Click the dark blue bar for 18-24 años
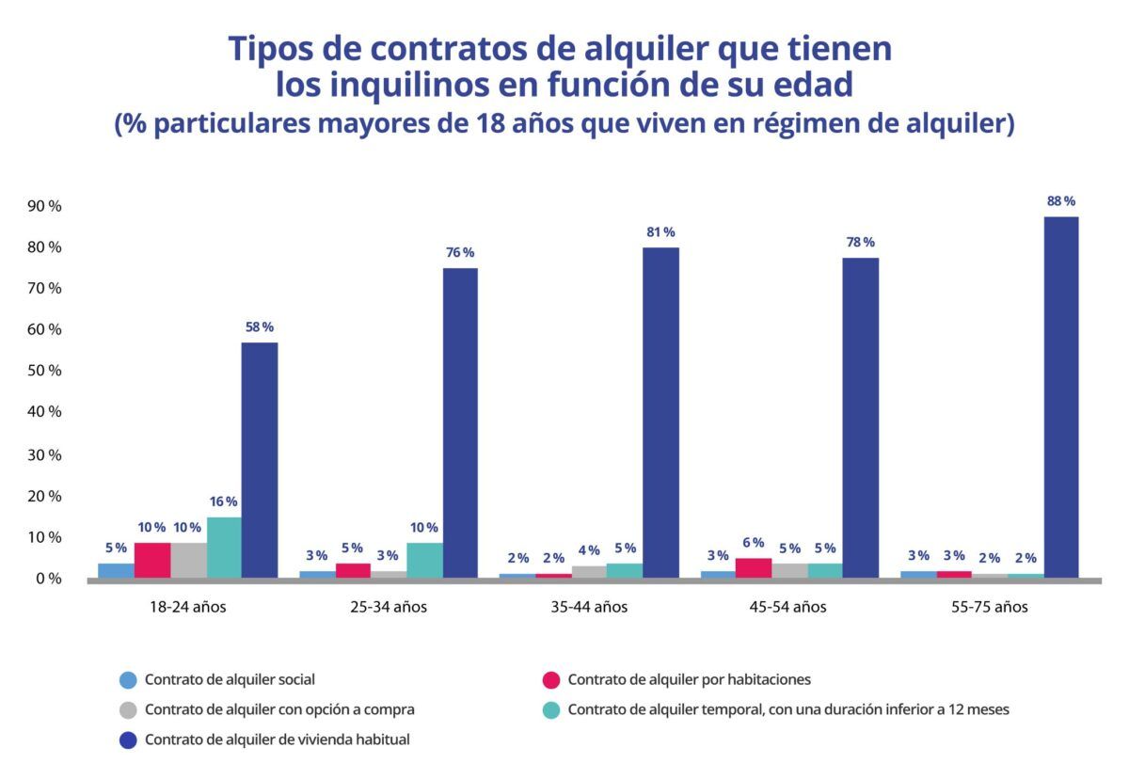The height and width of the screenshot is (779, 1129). [260, 460]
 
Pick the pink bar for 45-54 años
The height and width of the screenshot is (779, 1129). [754, 567]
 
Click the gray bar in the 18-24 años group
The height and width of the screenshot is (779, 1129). [188, 560]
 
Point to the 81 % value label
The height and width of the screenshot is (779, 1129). [660, 232]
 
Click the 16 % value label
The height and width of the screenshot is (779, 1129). [224, 501]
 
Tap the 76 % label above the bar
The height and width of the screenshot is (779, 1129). [460, 252]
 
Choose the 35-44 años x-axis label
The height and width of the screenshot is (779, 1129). [589, 607]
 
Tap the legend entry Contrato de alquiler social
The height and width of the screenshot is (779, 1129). [230, 679]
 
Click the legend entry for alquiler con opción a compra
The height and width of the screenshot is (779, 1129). [278, 709]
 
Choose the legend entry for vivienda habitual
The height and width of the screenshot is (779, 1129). [277, 739]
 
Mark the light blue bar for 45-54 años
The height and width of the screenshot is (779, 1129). [718, 574]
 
